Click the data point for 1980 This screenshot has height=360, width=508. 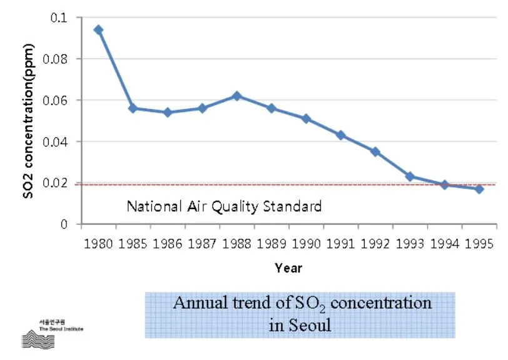click(98, 29)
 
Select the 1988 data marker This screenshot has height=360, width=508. click(236, 96)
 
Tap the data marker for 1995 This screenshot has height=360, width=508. click(479, 188)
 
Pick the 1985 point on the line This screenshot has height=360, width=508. click(133, 108)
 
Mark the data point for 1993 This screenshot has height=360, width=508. click(410, 177)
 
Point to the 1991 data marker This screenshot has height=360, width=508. click(340, 135)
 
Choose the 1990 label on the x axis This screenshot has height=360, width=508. click(306, 243)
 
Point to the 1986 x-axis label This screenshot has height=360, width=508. click(168, 243)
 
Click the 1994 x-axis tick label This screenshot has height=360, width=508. click(444, 243)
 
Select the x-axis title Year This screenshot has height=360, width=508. click(288, 268)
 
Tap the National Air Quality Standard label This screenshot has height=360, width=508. click(224, 206)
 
